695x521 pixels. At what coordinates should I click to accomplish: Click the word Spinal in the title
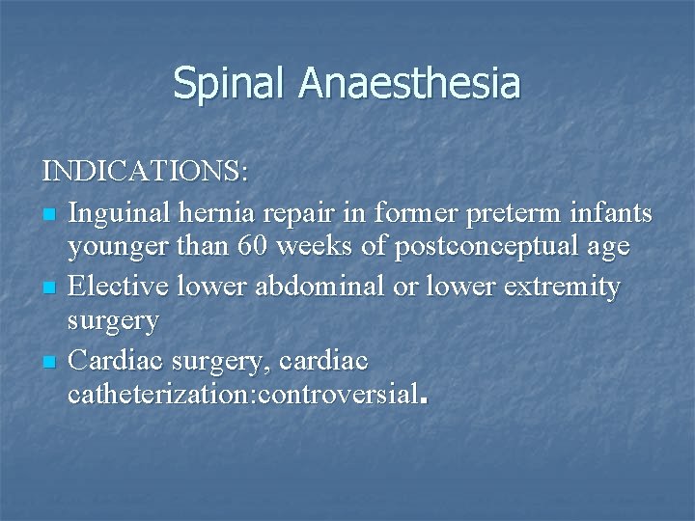point(231,83)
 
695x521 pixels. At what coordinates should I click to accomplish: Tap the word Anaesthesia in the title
point(409,83)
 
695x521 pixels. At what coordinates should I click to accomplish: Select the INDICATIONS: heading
point(146,173)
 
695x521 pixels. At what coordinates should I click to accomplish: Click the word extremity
point(566,286)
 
